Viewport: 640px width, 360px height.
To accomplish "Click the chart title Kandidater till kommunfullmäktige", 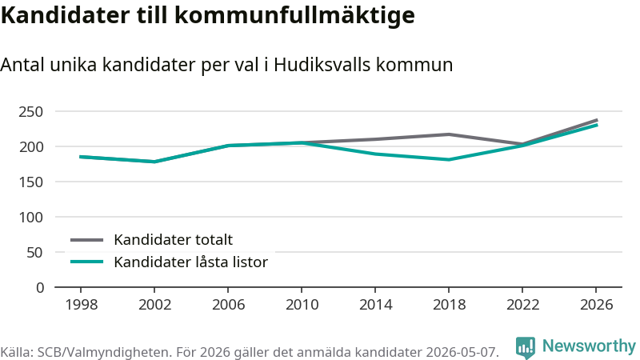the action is [x=208, y=16].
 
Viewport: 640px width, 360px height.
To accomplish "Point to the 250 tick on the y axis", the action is [x=30, y=111].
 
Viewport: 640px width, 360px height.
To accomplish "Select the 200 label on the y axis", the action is [x=30, y=146].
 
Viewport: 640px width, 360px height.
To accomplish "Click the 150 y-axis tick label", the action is [x=30, y=182].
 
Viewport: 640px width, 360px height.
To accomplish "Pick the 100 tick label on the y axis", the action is [x=30, y=217].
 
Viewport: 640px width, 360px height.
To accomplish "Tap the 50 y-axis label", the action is [x=34, y=252].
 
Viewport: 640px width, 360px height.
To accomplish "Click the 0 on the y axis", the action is [x=39, y=288].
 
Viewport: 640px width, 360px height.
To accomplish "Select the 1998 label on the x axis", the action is [x=82, y=305].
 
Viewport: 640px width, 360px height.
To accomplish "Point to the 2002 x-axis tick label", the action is [x=154, y=305].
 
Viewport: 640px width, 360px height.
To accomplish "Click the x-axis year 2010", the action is [x=302, y=305].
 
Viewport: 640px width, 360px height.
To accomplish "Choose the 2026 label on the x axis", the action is [x=596, y=305].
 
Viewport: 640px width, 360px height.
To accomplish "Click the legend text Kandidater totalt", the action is [x=173, y=239].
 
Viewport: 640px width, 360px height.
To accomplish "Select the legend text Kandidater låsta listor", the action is [x=190, y=262].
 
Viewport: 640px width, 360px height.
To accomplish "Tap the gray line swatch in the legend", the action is [x=87, y=240].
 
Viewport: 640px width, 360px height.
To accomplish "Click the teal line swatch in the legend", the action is [x=87, y=262].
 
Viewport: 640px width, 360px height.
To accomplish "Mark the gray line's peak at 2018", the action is [x=449, y=134].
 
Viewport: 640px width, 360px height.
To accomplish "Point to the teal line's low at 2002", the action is [x=154, y=162].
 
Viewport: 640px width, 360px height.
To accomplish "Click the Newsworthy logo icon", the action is [x=526, y=348].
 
